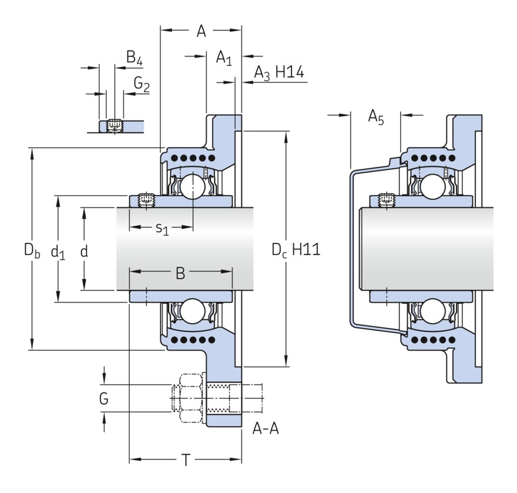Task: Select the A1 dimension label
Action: pyautogui.click(x=224, y=58)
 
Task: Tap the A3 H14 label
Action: pyautogui.click(x=278, y=73)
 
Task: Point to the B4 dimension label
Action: pyautogui.click(x=135, y=58)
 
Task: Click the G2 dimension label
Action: pyautogui.click(x=142, y=85)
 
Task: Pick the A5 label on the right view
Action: pyautogui.click(x=376, y=118)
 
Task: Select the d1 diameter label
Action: pyautogui.click(x=58, y=252)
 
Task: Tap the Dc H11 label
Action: pyautogui.click(x=296, y=250)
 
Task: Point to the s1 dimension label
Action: pyautogui.click(x=162, y=228)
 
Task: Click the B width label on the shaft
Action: pyautogui.click(x=180, y=273)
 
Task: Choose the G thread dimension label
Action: pyautogui.click(x=103, y=400)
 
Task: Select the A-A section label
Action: pyautogui.click(x=266, y=430)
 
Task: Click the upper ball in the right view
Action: pyautogui.click(x=432, y=186)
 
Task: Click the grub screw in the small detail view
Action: pyautogui.click(x=115, y=125)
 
